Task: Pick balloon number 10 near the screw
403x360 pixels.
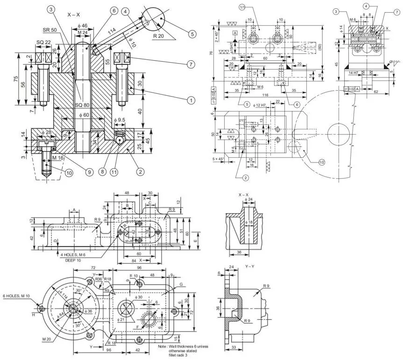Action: point(69,173)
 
